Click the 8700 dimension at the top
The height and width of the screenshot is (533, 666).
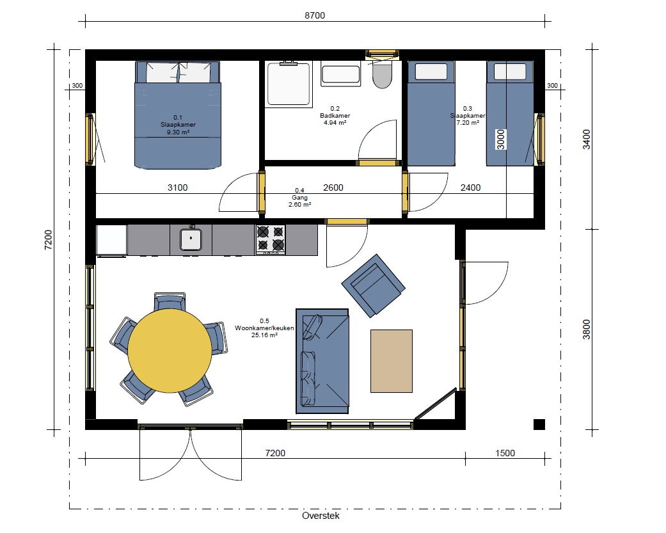tap(315, 16)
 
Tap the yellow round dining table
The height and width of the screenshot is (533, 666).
tap(170, 351)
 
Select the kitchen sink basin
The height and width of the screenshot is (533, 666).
tap(191, 239)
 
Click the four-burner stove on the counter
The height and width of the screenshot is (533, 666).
tap(271, 239)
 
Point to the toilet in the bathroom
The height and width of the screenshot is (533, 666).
tap(382, 75)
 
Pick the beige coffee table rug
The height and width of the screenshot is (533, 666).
tap(391, 361)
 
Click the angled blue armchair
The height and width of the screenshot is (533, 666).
tap(374, 286)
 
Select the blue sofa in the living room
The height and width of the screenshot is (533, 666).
tap(322, 361)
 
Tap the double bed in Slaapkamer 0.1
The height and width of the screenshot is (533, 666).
tap(178, 115)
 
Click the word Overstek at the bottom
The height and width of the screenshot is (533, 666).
tap(321, 516)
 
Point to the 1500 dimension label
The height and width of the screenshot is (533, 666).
tap(505, 453)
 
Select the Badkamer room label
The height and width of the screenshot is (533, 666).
tap(335, 116)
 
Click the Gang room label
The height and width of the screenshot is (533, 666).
tap(299, 198)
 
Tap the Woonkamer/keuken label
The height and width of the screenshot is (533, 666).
tap(264, 328)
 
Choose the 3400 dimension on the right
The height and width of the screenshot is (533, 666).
tap(587, 139)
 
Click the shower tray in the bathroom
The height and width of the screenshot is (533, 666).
tap(289, 84)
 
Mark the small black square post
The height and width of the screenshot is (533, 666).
tap(539, 424)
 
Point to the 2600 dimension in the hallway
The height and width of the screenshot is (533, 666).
tap(333, 187)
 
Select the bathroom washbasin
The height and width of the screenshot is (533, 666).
tap(340, 74)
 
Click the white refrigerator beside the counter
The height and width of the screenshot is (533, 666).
tap(112, 241)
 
